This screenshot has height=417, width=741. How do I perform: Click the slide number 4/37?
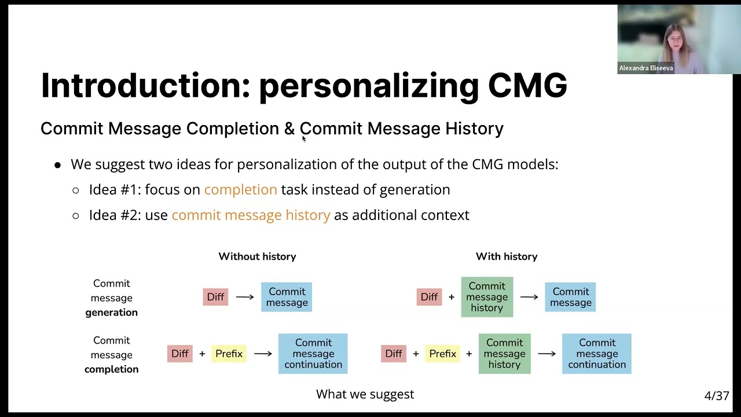[x=716, y=396]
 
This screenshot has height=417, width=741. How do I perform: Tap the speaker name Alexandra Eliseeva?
[x=646, y=68]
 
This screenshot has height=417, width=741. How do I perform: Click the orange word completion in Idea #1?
[x=240, y=189]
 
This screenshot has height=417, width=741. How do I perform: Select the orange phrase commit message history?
[x=251, y=215]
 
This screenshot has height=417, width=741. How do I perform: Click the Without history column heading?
[x=257, y=256]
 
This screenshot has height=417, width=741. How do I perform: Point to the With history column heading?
[x=506, y=256]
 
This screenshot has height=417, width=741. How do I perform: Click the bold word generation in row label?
[x=111, y=312]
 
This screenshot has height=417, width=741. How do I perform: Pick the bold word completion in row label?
[x=111, y=369]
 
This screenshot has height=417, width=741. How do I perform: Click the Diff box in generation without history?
[x=215, y=297]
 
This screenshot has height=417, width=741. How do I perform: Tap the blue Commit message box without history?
[x=287, y=297]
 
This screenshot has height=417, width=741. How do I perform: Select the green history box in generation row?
[x=487, y=297]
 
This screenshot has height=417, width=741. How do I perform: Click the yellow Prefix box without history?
[x=229, y=353]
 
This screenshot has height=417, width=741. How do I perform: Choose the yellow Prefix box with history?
[x=442, y=353]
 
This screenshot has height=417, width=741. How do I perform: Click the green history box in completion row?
[x=504, y=353]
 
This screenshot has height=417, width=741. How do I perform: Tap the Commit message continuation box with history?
[x=596, y=353]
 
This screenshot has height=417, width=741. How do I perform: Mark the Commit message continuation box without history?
[x=313, y=353]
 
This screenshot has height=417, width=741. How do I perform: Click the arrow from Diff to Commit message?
[x=245, y=297]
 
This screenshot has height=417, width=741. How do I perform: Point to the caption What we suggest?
[x=365, y=394]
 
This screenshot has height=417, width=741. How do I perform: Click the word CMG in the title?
[x=527, y=86]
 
